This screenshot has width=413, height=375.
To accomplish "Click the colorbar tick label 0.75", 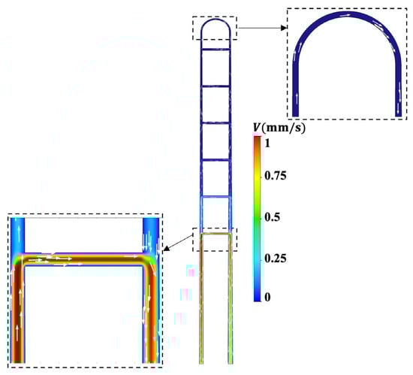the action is [x=276, y=175].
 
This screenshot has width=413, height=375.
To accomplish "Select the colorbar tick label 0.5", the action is [x=272, y=217].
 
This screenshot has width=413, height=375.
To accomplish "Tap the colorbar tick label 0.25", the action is [x=276, y=259].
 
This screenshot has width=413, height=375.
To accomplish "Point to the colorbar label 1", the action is [x=267, y=143].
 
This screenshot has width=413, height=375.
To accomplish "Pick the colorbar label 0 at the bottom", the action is [x=267, y=297].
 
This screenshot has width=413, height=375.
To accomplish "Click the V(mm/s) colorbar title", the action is [x=279, y=128].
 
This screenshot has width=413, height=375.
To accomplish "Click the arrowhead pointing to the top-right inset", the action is [x=284, y=28].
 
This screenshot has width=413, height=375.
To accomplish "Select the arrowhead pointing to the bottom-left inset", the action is [x=167, y=248].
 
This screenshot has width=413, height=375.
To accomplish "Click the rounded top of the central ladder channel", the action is [x=216, y=20].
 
